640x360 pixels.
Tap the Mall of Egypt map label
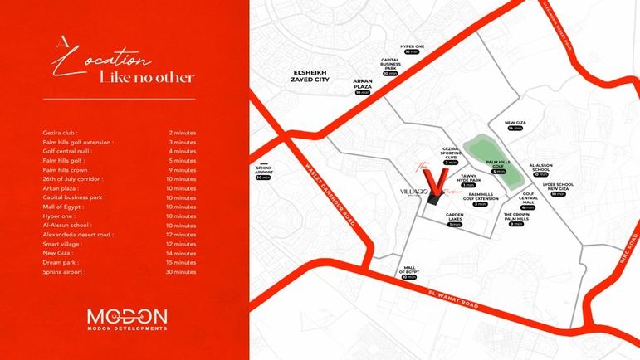pos(408,270)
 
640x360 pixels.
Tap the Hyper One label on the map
pos(413,46)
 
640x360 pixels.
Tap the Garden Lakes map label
pos(453,217)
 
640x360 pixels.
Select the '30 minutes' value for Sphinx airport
pos(181,271)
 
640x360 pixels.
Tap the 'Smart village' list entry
pos(63,244)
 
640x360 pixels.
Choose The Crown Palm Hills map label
pos(515,217)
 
